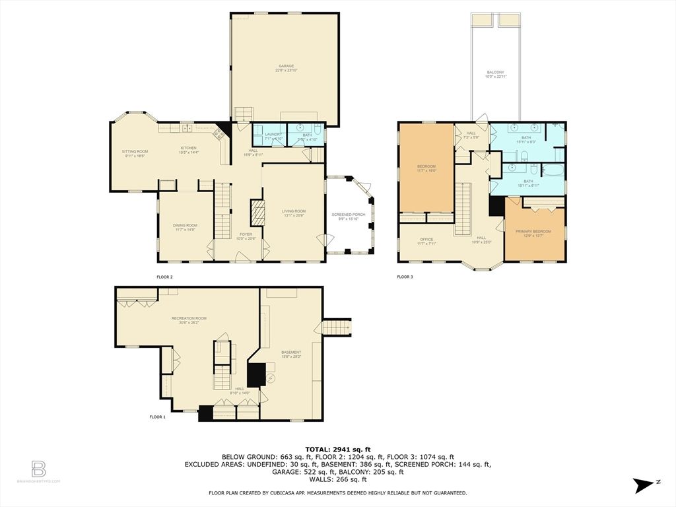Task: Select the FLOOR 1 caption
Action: (x=156, y=417)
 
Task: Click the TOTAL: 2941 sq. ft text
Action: (x=337, y=449)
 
